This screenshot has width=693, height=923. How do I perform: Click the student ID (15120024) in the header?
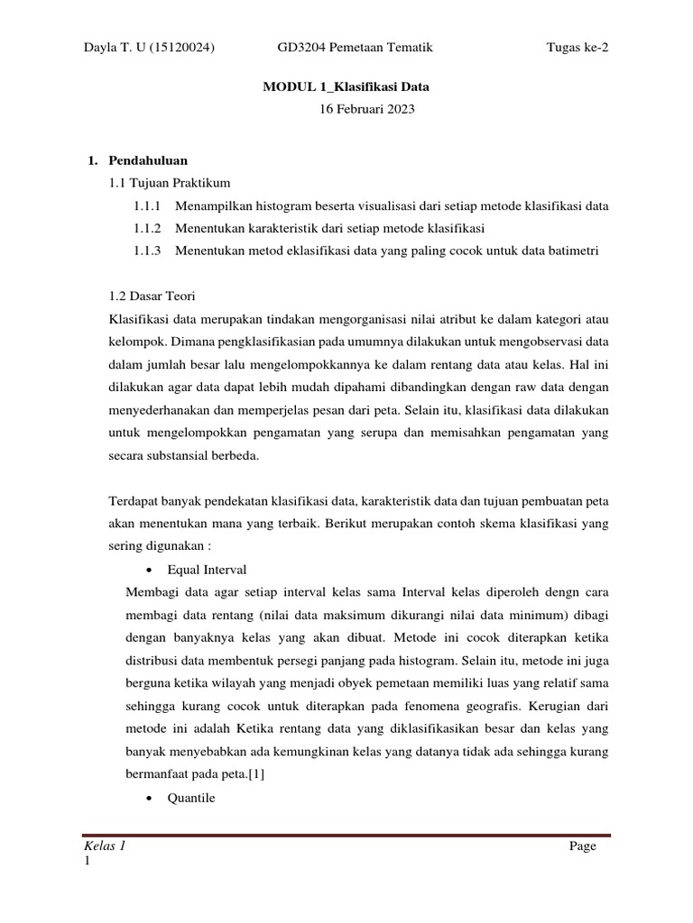(x=180, y=48)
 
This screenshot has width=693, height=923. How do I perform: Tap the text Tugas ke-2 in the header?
(x=577, y=48)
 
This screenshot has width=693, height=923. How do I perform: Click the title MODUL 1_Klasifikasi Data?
(x=346, y=87)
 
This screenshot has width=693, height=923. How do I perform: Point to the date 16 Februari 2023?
(x=346, y=110)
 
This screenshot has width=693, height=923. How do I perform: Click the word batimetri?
(x=576, y=251)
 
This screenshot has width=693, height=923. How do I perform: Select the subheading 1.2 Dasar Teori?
(x=156, y=296)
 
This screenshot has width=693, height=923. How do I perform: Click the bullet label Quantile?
(x=191, y=798)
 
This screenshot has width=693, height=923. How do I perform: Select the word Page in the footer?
(x=583, y=847)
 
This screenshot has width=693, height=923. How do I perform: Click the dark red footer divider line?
(x=346, y=836)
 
